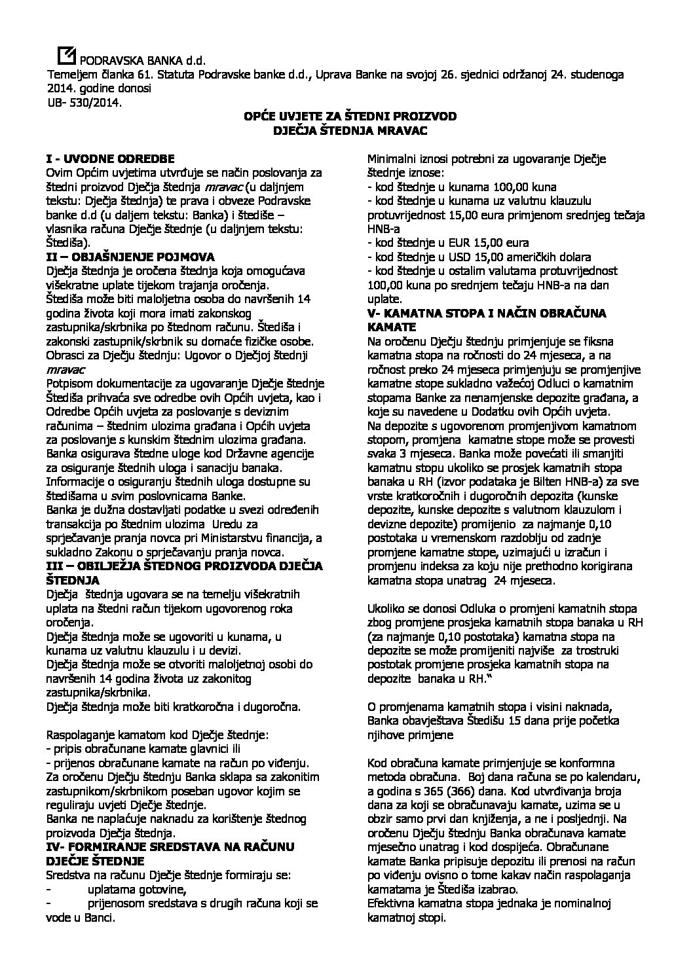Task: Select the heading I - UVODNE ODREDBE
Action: coord(109,158)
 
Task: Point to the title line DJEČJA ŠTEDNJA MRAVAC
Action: coord(345,130)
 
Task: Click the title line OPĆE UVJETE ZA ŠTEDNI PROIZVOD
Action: coord(345,116)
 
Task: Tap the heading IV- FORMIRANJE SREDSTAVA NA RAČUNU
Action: coord(170,847)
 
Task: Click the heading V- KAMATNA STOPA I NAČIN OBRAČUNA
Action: coord(487,313)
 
